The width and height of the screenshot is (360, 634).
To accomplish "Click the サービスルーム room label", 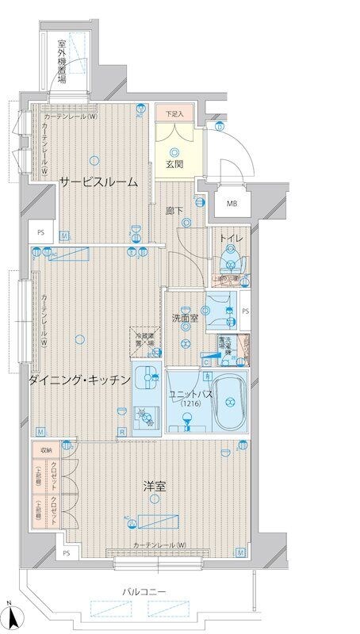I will tap(98, 181).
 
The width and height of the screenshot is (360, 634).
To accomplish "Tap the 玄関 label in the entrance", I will tap(174, 164).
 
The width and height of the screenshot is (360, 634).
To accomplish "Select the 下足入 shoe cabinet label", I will tap(174, 114).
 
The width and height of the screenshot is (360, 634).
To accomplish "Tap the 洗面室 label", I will tap(184, 318).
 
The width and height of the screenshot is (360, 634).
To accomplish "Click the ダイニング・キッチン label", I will tap(79, 380).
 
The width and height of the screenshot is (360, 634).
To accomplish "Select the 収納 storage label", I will tap(44, 449).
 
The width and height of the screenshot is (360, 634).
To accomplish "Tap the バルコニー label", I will tap(144, 591).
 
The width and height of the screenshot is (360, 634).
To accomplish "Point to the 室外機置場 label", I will tap(61, 64).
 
